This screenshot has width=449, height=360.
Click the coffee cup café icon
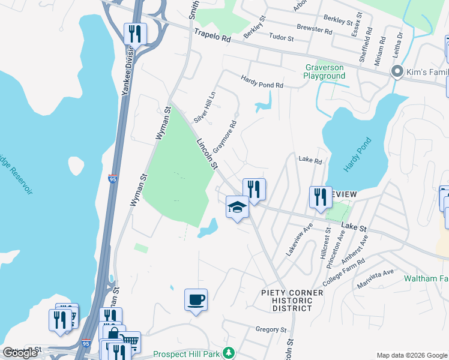pos(196,299)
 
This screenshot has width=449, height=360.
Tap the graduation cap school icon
pos(237,208)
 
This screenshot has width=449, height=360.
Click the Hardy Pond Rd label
pos(262,82)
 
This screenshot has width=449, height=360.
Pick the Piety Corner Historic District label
pos(292,300)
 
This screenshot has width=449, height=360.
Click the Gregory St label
pos(271,329)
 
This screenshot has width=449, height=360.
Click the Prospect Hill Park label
pos(186,354)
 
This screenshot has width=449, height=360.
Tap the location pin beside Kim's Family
pos(396,72)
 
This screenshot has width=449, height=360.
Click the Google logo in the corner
pos(20,353)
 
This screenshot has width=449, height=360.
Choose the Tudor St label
pos(282,38)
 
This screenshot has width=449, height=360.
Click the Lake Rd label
pos(310,161)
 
